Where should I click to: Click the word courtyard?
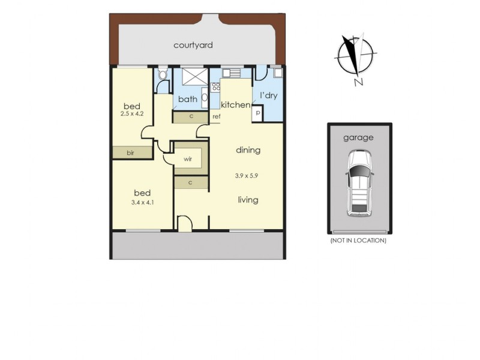[x=193, y=45]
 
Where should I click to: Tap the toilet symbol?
[x=163, y=76]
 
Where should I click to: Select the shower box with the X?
[x=194, y=78]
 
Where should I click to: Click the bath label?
[x=188, y=100]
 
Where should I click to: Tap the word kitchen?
[x=235, y=105]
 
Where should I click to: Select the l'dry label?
[x=268, y=96]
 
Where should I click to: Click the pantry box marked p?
[x=257, y=113]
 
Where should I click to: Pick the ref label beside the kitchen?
[x=216, y=116]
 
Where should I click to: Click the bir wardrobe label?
[x=130, y=153]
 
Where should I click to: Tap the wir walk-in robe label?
[x=188, y=160]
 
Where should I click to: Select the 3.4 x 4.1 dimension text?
[x=142, y=202]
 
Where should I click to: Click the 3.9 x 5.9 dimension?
[x=248, y=176]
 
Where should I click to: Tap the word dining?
[x=248, y=150]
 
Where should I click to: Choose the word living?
[x=248, y=200]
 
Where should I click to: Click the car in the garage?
[x=359, y=184]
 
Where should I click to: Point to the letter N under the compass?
[x=357, y=83]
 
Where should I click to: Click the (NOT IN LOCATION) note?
[x=358, y=241]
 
